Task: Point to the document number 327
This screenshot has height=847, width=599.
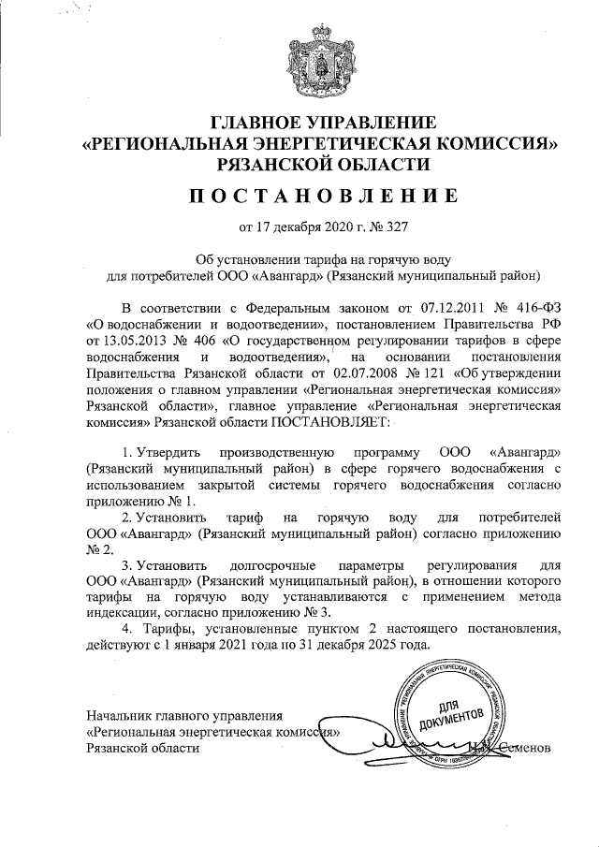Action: tap(396, 226)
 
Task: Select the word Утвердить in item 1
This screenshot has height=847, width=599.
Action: tap(167, 452)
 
